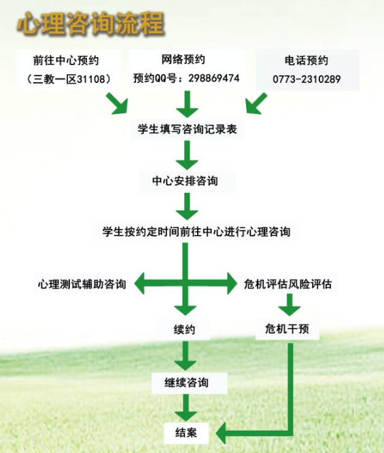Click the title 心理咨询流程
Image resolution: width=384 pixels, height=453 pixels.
click(90, 24)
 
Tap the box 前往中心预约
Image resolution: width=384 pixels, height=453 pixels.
click(69, 69)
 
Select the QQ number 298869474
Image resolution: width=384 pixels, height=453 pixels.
click(214, 78)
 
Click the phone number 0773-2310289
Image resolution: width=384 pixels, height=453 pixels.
click(307, 79)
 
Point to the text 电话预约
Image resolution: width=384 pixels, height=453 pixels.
click(307, 60)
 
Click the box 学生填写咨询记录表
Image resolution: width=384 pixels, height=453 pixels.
click(187, 129)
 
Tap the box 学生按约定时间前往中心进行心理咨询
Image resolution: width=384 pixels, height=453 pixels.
click(196, 232)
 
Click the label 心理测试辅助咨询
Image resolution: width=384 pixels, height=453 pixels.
click(82, 284)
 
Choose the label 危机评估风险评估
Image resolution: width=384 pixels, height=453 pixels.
click(287, 284)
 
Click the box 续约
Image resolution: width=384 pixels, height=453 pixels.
click(184, 329)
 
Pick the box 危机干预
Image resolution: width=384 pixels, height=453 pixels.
click(287, 329)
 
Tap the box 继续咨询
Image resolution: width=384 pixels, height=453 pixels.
click(186, 383)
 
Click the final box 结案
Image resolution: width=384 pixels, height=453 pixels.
click(186, 433)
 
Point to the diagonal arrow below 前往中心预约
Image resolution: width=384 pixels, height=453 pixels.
click(117, 103)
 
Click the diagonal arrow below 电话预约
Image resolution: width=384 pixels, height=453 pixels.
click(256, 103)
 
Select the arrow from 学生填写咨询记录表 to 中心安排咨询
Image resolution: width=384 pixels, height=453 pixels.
click(187, 155)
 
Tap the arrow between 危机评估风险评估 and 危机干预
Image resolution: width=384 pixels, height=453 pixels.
click(290, 304)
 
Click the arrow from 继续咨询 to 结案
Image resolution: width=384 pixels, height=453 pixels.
click(186, 408)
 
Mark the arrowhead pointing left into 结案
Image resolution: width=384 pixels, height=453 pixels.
click(222, 433)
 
